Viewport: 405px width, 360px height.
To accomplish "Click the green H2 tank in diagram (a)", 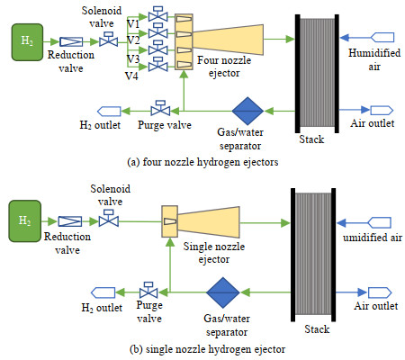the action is click(27, 42).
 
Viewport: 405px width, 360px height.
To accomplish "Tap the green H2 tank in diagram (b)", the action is click(24, 221).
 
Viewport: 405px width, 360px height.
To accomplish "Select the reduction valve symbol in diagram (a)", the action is click(71, 41).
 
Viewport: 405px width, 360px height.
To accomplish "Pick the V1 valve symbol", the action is click(158, 14).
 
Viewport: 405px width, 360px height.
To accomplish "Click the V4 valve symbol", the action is click(158, 65).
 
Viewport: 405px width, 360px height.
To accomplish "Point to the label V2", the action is click(133, 40).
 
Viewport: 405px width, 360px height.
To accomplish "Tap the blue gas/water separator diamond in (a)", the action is click(247, 111).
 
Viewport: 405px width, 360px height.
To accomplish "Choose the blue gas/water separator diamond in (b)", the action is click(223, 292).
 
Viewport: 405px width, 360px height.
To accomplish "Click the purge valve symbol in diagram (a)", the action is click(160, 108).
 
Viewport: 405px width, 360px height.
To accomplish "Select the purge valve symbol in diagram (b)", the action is click(148, 290).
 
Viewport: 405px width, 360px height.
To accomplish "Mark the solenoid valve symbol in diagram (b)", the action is click(109, 219).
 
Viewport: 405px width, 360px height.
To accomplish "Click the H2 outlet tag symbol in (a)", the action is click(109, 112).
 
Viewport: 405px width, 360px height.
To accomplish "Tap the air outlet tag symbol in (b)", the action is click(380, 292).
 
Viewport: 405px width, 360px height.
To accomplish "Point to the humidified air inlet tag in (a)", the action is click(382, 38).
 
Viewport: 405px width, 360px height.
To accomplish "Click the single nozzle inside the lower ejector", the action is click(170, 221).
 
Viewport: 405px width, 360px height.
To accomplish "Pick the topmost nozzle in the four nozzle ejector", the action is click(184, 19).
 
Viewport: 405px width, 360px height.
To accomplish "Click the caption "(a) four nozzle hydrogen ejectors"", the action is click(202, 162).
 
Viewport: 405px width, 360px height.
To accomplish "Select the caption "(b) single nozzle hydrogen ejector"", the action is click(207, 349).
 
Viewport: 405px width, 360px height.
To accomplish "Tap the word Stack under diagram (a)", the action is click(311, 139).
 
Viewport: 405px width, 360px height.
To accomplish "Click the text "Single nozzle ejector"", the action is click(214, 253).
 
